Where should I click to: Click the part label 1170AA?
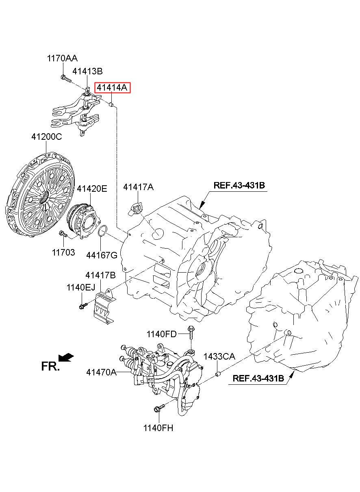(62, 59)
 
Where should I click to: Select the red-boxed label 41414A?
(112, 88)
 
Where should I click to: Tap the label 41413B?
(87, 71)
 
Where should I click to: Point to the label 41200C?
(47, 137)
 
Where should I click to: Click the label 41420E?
(92, 189)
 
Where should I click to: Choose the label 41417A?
(138, 187)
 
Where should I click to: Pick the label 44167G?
(102, 255)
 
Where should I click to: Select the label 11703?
(63, 252)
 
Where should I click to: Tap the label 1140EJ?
(80, 287)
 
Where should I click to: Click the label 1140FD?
(161, 334)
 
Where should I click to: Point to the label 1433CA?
(219, 356)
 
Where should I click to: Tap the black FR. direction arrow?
(66, 357)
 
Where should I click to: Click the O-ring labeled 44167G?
(102, 231)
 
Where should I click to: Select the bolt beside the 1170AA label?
(65, 78)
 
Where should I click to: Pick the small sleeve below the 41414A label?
(112, 104)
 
